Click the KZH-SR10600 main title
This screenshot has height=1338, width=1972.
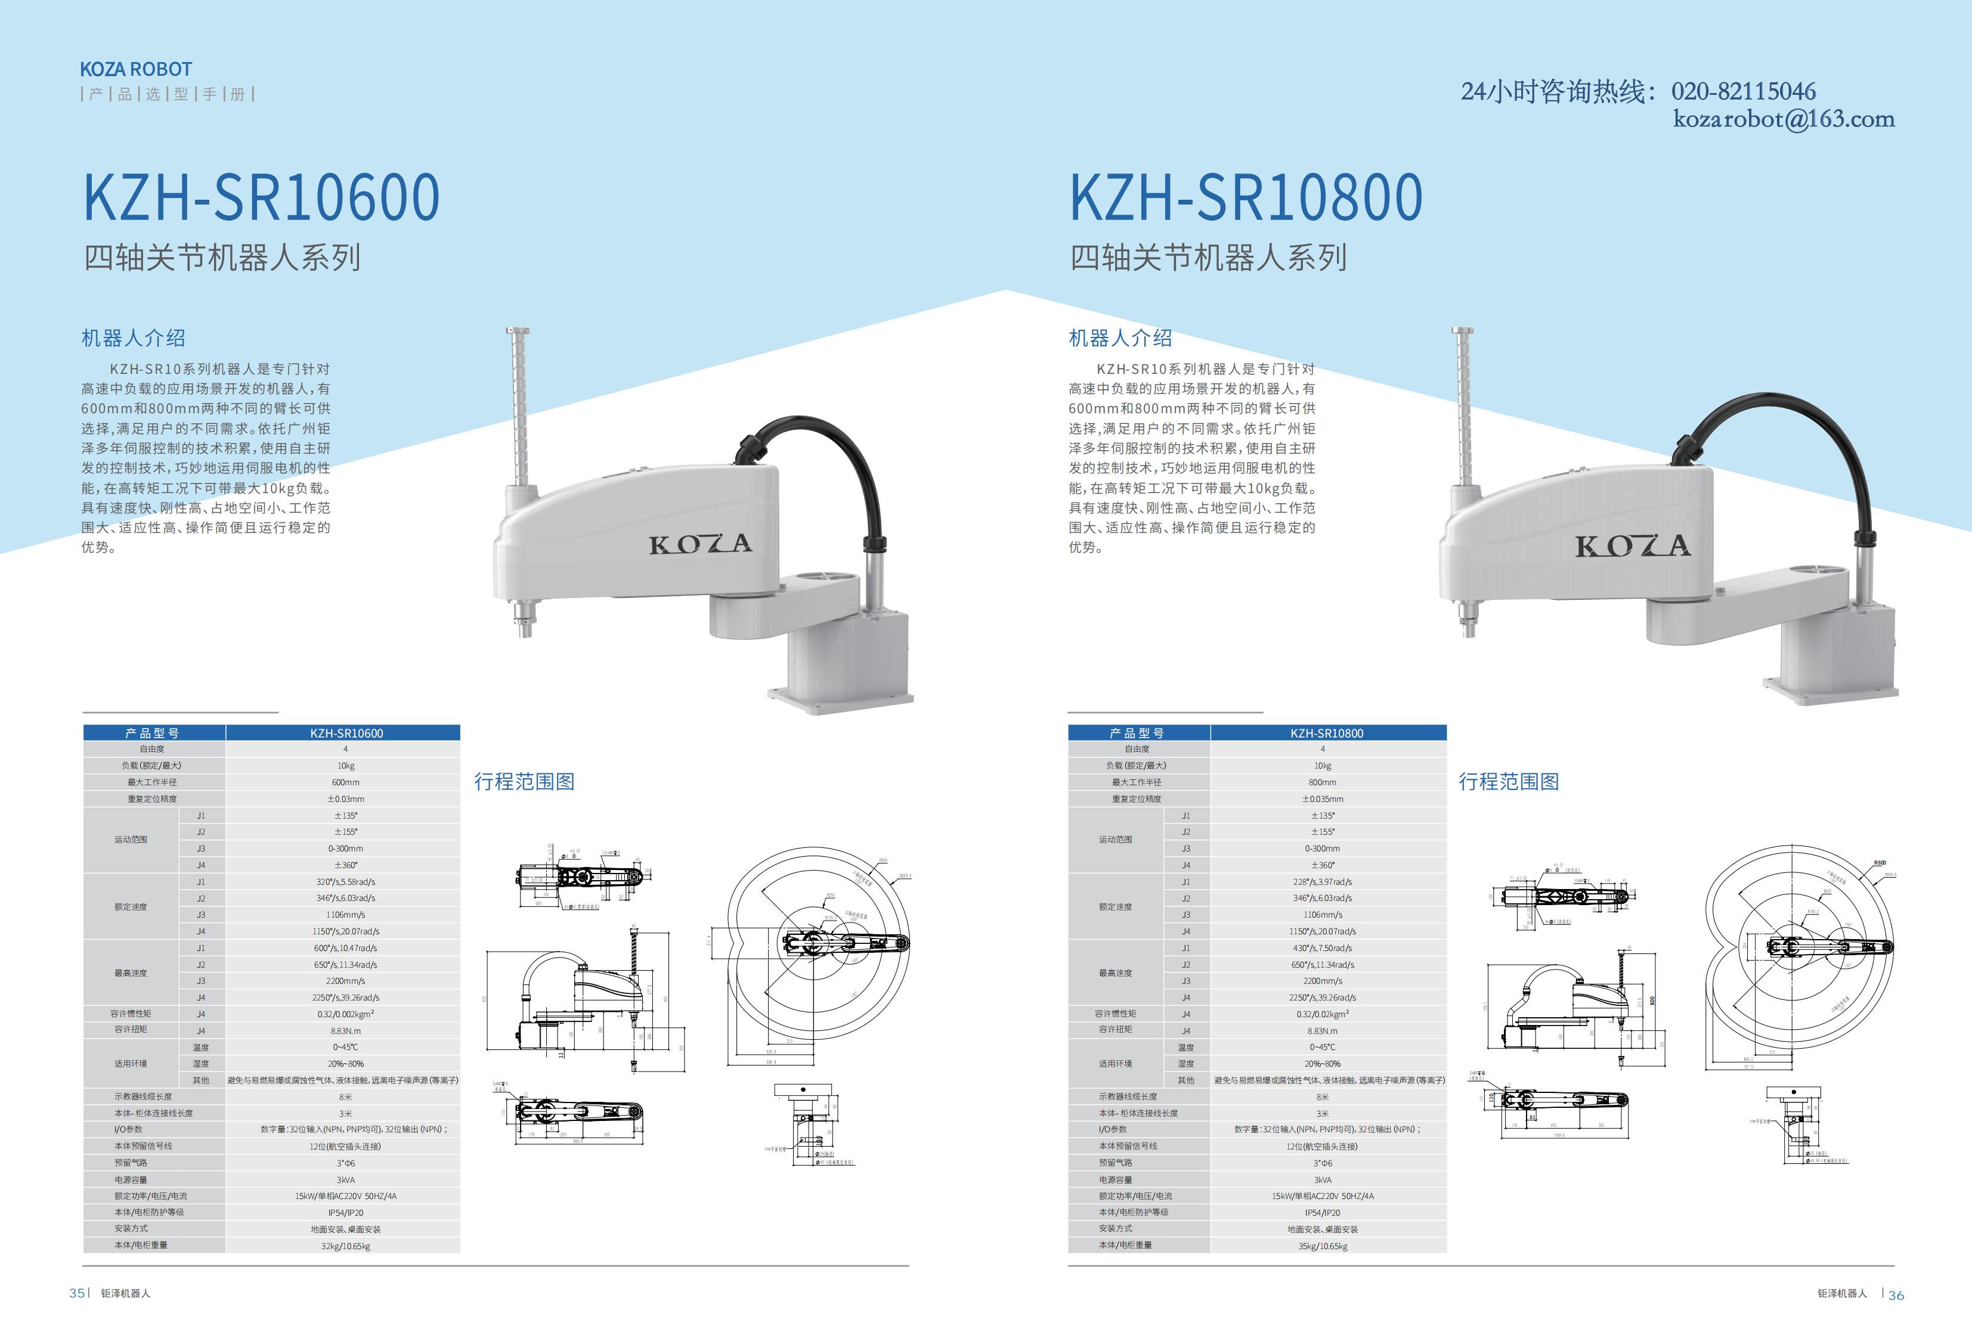(261, 198)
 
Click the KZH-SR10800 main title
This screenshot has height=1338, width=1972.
(1246, 198)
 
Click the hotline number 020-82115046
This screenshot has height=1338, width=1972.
(1743, 92)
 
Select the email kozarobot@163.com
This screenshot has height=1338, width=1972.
(1784, 119)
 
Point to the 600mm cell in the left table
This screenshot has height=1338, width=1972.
(345, 782)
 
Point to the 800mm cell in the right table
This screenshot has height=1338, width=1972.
(1322, 782)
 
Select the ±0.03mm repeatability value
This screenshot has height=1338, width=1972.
(345, 799)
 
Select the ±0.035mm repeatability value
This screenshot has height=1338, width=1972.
(1322, 799)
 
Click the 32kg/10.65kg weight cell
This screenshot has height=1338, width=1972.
(345, 1246)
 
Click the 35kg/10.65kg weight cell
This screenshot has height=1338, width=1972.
(1322, 1246)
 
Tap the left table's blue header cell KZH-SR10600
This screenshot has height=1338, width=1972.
(345, 733)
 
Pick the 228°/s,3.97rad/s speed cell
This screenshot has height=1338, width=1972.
(1322, 881)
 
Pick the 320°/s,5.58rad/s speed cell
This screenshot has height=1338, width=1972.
(345, 881)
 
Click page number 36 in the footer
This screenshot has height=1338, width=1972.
(1896, 1294)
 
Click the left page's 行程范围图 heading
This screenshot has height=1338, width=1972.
(524, 782)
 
